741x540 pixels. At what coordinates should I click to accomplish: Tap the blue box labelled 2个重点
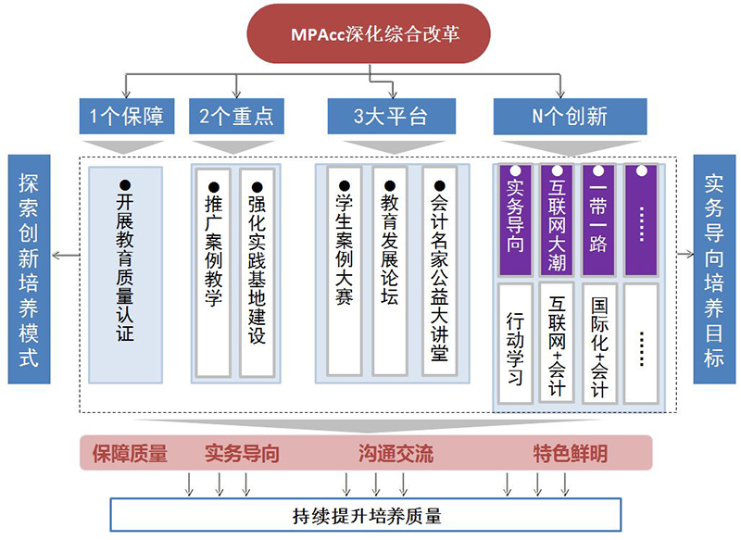[x=236, y=117]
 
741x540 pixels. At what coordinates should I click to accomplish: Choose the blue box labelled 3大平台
[x=391, y=117]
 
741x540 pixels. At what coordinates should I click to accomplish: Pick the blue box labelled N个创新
[x=570, y=117]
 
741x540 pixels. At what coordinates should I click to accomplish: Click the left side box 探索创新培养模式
[x=29, y=269]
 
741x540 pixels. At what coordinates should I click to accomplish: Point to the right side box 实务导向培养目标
[x=713, y=269]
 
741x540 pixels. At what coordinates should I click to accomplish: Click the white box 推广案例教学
[x=213, y=270]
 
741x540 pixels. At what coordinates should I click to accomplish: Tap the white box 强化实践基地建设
[x=257, y=270]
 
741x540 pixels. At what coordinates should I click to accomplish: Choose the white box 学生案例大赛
[x=345, y=270]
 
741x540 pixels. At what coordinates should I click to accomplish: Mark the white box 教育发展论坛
[x=389, y=270]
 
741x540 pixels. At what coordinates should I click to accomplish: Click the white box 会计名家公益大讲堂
[x=439, y=270]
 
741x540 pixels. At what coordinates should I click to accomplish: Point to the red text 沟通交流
[x=396, y=454]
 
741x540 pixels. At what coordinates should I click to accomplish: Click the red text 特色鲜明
[x=570, y=454]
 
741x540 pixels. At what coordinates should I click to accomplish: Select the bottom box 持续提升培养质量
[x=366, y=514]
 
